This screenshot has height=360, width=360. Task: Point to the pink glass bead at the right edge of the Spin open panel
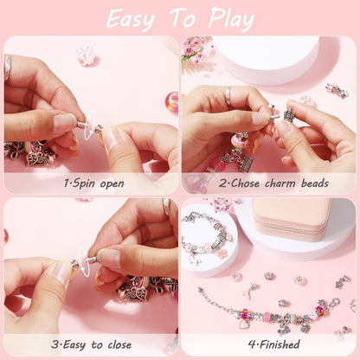172,101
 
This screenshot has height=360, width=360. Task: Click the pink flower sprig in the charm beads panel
196,48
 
